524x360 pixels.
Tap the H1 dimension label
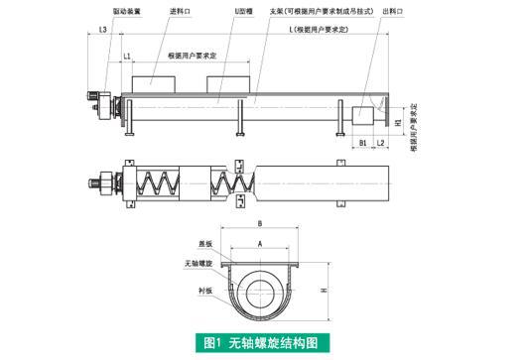(398, 123)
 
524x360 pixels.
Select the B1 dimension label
(364, 143)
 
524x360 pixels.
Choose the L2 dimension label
(381, 143)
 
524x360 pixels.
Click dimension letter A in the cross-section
(260, 241)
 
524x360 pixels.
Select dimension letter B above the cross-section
(260, 224)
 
